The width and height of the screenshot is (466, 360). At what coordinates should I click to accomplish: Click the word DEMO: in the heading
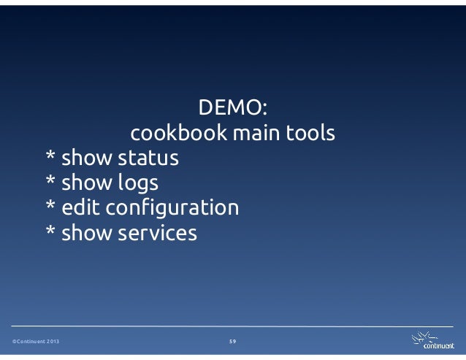(233, 110)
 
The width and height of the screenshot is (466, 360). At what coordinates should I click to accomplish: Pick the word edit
(82, 208)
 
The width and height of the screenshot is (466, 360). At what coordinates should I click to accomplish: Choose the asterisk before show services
(50, 232)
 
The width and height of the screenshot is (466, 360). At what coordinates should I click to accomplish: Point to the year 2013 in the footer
(53, 342)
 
